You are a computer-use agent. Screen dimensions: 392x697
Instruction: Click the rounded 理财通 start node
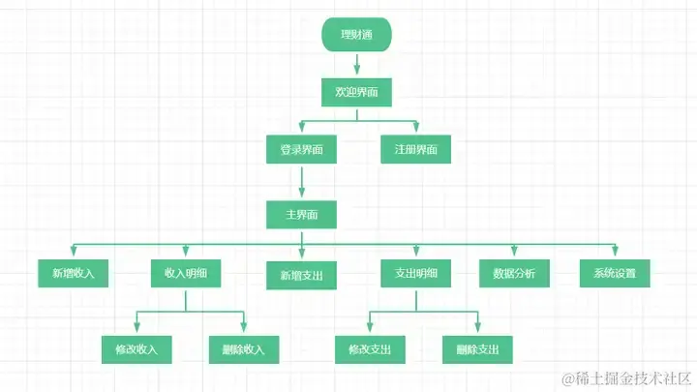point(356,36)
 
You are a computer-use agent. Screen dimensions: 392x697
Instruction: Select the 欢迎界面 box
point(356,92)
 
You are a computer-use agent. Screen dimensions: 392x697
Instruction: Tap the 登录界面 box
point(301,150)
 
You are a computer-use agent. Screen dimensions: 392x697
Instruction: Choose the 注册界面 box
point(415,150)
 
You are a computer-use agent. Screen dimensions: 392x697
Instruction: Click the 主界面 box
point(301,214)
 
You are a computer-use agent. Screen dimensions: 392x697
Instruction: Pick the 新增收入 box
point(73,273)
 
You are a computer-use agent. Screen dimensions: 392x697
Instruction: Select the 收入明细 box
point(186,273)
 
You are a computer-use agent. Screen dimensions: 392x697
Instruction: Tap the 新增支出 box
point(301,276)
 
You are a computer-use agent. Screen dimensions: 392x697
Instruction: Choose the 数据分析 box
point(514,273)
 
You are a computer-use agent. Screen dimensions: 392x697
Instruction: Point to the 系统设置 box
point(615,273)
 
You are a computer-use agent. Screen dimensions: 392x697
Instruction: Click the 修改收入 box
point(136,348)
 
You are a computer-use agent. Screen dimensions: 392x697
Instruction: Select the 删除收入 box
point(243,348)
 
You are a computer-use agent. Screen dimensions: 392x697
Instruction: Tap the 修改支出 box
point(370,348)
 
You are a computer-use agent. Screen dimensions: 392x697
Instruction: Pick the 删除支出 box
point(477,348)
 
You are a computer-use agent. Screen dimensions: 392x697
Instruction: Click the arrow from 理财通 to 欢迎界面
point(356,65)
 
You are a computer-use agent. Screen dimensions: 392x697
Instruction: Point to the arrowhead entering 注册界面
point(415,130)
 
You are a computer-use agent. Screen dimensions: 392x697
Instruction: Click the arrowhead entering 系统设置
point(615,252)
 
